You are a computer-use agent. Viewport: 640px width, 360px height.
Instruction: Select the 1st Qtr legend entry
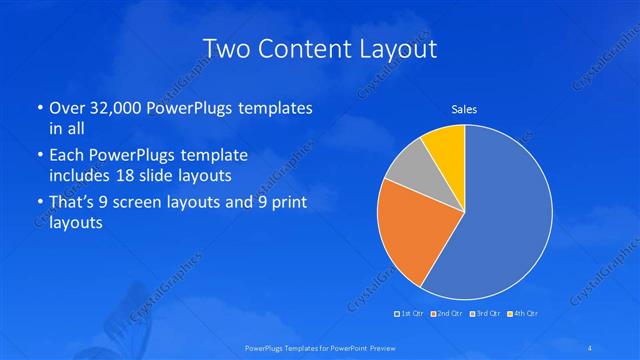pos(409,314)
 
